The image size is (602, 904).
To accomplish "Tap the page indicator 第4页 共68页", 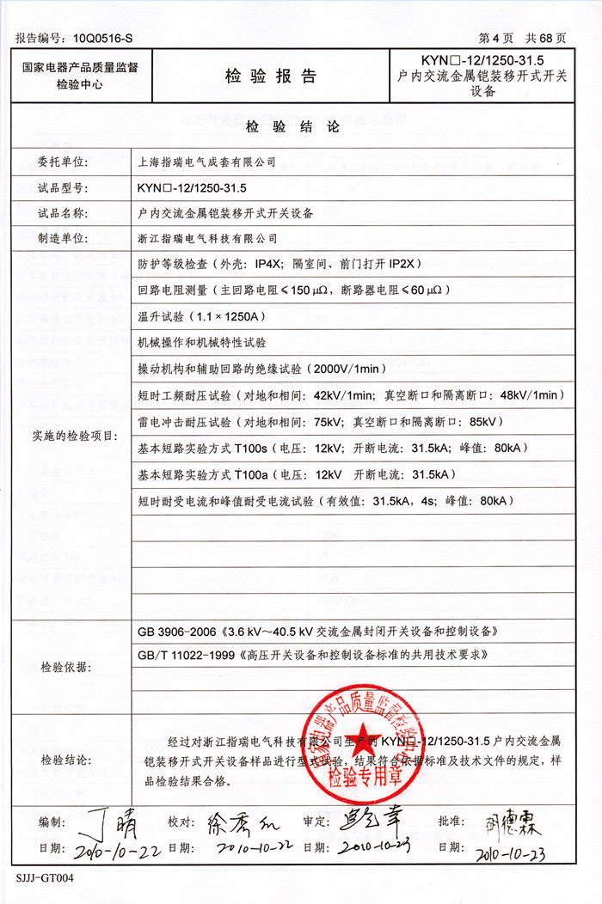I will [522, 39].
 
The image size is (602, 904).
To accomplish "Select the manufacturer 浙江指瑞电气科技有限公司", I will [208, 238].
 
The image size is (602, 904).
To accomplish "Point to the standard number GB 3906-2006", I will [176, 632].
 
